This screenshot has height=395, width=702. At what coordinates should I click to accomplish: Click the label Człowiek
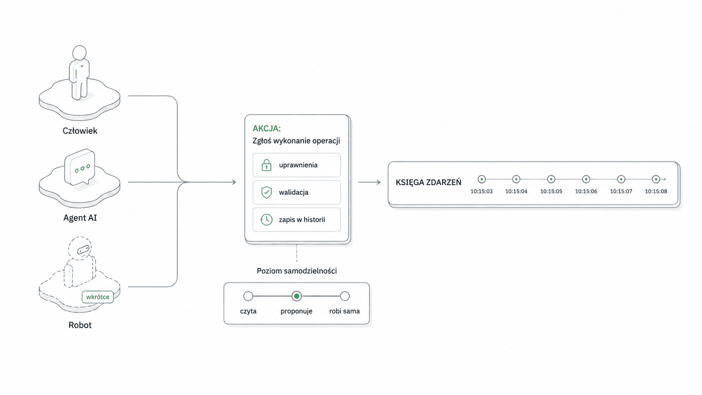80,131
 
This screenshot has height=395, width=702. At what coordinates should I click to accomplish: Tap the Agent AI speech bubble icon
80,167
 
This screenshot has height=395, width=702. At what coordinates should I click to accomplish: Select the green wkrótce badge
97,297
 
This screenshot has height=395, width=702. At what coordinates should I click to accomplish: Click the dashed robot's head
80,248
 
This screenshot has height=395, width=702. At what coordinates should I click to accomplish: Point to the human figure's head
79,52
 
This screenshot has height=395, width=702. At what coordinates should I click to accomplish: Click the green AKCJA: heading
267,128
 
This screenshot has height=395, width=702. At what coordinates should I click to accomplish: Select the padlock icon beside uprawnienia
266,165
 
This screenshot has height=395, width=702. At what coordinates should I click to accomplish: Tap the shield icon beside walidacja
266,192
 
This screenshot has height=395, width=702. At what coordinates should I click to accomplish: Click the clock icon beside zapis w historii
266,220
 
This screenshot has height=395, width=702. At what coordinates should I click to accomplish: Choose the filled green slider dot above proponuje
296,296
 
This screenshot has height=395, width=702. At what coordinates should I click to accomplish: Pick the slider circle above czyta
248,296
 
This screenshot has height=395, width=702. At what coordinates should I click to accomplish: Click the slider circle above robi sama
345,296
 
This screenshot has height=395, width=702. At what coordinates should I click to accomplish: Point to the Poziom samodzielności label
297,271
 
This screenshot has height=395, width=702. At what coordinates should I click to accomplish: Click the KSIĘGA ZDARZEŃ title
428,182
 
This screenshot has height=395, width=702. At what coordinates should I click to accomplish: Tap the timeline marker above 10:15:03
482,179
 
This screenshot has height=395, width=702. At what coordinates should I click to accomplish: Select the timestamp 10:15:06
586,191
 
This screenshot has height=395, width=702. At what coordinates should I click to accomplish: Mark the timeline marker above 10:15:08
656,179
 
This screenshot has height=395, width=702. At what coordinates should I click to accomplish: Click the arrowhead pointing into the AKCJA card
234,182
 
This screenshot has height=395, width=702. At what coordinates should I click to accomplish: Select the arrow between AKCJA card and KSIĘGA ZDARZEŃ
369,182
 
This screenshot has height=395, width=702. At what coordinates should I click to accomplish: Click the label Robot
80,325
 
